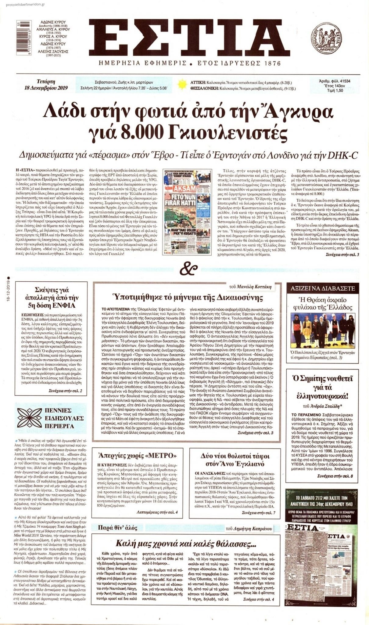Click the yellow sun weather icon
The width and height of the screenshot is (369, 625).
(x=182, y=84)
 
